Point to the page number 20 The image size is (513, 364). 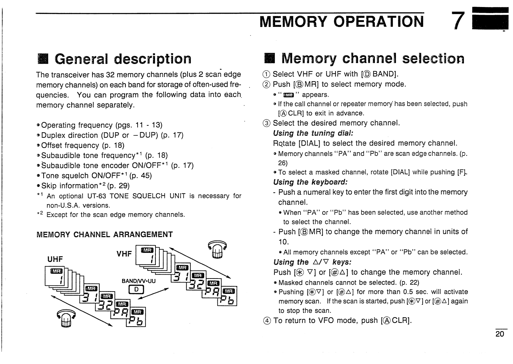click(x=500, y=334)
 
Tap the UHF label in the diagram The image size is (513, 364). click(x=55, y=259)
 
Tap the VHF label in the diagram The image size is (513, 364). click(x=124, y=254)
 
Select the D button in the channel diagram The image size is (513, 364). click(x=136, y=290)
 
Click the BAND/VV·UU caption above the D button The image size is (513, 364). click(x=139, y=281)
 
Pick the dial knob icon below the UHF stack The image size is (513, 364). click(x=65, y=318)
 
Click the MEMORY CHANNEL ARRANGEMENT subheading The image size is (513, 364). click(x=105, y=235)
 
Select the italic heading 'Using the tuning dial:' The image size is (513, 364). click(x=313, y=133)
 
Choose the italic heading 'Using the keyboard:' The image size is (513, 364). click(x=310, y=182)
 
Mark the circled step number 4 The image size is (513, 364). click(x=266, y=320)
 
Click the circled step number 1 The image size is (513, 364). click(x=266, y=74)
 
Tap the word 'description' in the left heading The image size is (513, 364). click(x=153, y=59)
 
